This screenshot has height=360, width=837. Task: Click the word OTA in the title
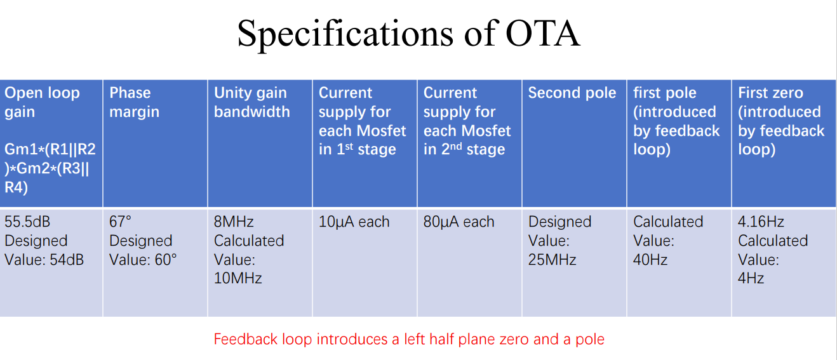coord(543,34)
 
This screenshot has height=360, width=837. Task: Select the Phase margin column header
coord(134,102)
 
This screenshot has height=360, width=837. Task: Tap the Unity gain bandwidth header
coord(252,102)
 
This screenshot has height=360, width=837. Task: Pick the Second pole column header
coord(572,93)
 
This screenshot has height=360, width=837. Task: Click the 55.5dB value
coord(27,222)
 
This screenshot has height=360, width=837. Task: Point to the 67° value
coord(120,222)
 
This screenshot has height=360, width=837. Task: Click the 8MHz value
coord(234,222)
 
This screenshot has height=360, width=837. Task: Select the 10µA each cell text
coord(354,222)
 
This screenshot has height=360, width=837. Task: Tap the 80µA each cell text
coord(459,222)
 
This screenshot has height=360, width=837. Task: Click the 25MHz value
coord(552,260)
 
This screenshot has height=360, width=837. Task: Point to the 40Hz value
coord(650,260)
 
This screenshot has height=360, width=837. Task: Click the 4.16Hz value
coord(761,222)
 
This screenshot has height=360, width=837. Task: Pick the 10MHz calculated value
coord(238,278)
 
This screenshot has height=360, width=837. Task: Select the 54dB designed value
coord(67,260)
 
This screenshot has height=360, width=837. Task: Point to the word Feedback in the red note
coord(246,339)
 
